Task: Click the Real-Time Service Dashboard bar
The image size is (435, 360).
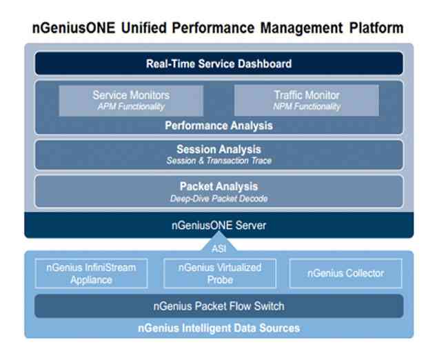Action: pos(219,64)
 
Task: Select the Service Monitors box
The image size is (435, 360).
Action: pos(130,100)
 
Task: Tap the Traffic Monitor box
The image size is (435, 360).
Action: pos(305,100)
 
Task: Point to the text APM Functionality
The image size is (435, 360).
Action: pos(130,107)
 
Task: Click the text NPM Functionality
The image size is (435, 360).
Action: pos(305,107)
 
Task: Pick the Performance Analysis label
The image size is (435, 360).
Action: pos(219,126)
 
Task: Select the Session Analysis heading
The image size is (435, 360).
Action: pos(219,149)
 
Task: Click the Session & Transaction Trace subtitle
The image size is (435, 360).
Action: pos(219,160)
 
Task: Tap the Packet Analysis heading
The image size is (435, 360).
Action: pos(219,186)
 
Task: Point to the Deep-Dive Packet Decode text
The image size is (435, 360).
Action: pos(219,198)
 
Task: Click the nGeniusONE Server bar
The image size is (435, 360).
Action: pos(219,225)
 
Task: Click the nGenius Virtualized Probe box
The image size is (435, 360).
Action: pos(219,273)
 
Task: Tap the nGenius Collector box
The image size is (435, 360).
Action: pos(345,273)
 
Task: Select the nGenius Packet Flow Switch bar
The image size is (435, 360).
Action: pos(219,306)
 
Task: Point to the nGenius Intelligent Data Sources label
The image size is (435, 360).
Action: pos(219,328)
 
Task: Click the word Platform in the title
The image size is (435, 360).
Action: pos(368,28)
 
